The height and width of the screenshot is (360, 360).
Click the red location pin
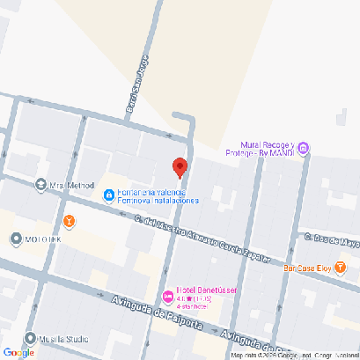pos(180,165)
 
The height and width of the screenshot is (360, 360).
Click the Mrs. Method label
pos(71,185)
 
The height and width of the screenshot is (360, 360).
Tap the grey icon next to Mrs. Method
pos(40,185)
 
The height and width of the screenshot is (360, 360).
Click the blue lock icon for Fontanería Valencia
pos(107,195)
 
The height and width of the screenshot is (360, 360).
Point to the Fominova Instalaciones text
pos(158,200)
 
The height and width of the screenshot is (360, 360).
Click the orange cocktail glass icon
pos(69,220)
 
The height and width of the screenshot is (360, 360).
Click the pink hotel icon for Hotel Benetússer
pos(167,295)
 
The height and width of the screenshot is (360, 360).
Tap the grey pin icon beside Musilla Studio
pos(31,338)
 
